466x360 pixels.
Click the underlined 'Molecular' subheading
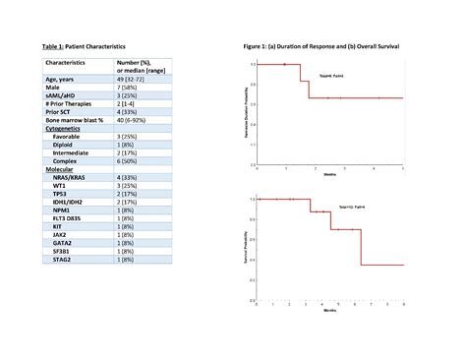pos(62,168)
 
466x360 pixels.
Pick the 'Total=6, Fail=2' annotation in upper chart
pos(318,76)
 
